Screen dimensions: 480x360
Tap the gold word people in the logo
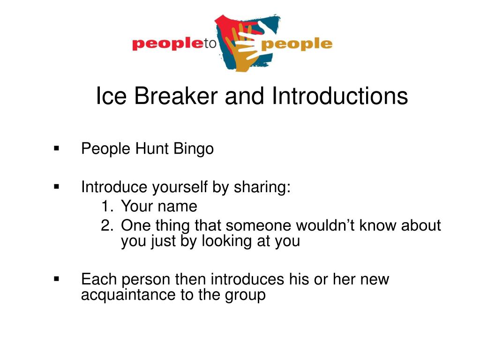pyautogui.click(x=297, y=45)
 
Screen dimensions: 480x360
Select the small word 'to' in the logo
pyautogui.click(x=210, y=44)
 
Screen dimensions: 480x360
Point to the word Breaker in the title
pyautogui.click(x=176, y=96)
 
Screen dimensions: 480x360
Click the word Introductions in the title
pyautogui.click(x=340, y=96)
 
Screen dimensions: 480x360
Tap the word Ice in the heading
pyautogui.click(x=111, y=96)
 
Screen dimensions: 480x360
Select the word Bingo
pyautogui.click(x=194, y=150)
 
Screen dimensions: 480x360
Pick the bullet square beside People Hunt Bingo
pyautogui.click(x=56, y=149)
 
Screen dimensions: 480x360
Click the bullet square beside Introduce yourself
pyautogui.click(x=56, y=187)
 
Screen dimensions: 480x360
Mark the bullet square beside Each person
pyautogui.click(x=56, y=279)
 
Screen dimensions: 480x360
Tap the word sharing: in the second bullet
pyautogui.click(x=262, y=187)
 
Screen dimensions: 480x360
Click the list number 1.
pyautogui.click(x=107, y=206)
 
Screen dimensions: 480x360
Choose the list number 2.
pyautogui.click(x=107, y=225)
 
